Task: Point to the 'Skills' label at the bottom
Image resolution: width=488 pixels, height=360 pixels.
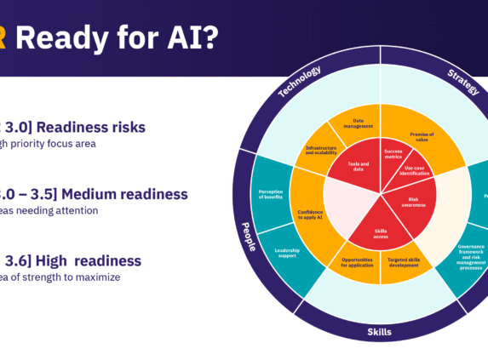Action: tap(380, 332)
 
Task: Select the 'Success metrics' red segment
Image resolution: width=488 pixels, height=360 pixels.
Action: tap(393, 153)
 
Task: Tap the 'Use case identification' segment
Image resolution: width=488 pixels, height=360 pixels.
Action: tap(416, 171)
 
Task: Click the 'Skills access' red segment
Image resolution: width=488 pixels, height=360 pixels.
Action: tap(380, 233)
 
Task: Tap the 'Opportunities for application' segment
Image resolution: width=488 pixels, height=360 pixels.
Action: tap(356, 262)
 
